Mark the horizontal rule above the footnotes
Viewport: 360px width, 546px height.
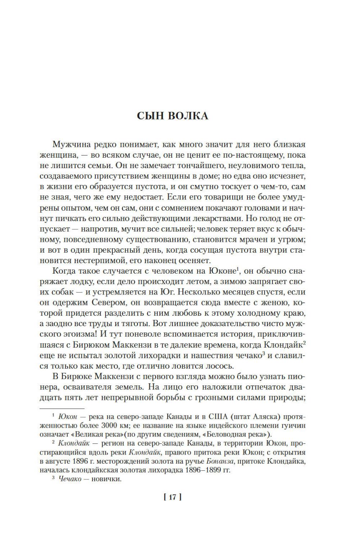pos(61,408)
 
